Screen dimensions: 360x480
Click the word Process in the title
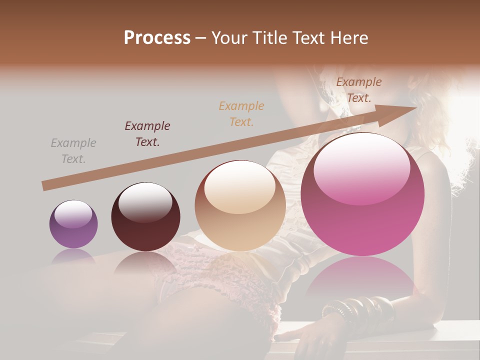[x=157, y=38]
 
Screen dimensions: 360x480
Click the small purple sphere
[x=73, y=224]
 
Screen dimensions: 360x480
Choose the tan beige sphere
[x=240, y=205]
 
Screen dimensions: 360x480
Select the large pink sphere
[x=362, y=195]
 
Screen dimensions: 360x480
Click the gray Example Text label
[x=73, y=151]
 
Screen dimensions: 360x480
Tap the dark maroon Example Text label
[x=147, y=134]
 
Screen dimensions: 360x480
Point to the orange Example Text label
[x=241, y=113]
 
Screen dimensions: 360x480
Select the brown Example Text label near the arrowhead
[x=358, y=90]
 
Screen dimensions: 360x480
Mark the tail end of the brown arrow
[x=45, y=186]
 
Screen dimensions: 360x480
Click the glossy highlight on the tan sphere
[x=239, y=186]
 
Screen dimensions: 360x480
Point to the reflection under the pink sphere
[x=361, y=280]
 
